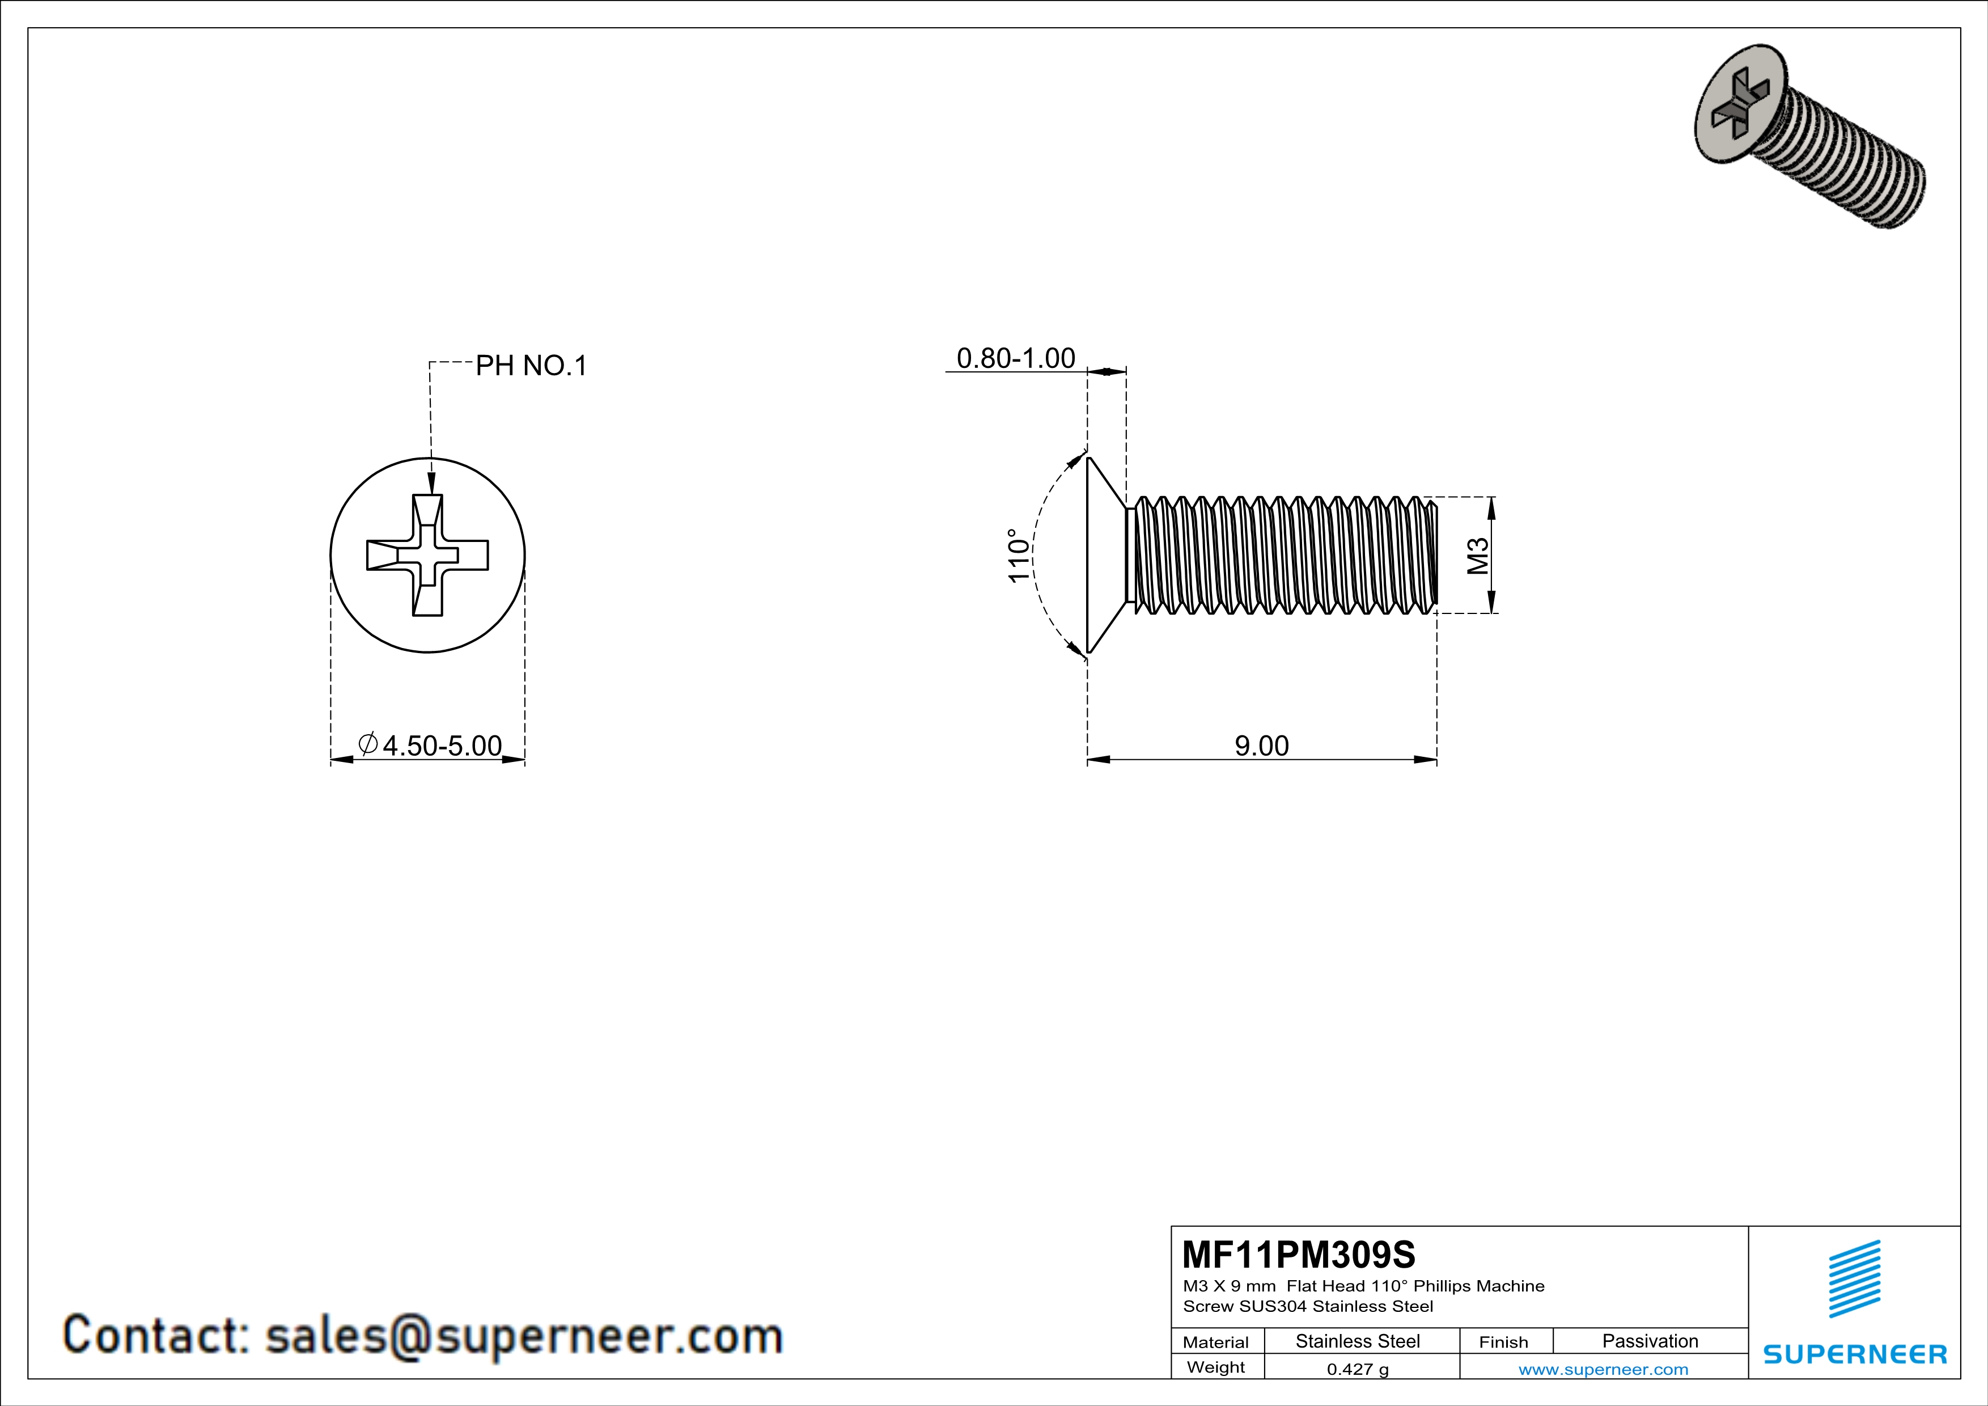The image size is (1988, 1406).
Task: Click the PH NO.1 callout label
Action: coord(531,366)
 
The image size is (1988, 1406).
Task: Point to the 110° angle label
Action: coord(1020,555)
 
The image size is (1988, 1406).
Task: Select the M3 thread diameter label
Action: coord(1478,556)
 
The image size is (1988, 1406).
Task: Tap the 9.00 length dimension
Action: coord(1261,746)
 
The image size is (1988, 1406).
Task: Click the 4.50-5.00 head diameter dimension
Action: coord(442,746)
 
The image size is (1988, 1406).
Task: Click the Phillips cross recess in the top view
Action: coord(428,555)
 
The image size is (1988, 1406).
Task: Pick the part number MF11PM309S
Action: coord(1298,1255)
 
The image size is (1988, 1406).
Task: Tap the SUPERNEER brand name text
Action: coord(1855,1354)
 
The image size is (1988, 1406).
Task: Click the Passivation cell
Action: coord(1650,1341)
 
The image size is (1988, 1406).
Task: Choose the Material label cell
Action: coord(1216,1342)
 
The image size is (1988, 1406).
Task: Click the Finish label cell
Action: coord(1503,1342)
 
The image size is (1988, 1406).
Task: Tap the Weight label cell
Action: coord(1216,1367)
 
